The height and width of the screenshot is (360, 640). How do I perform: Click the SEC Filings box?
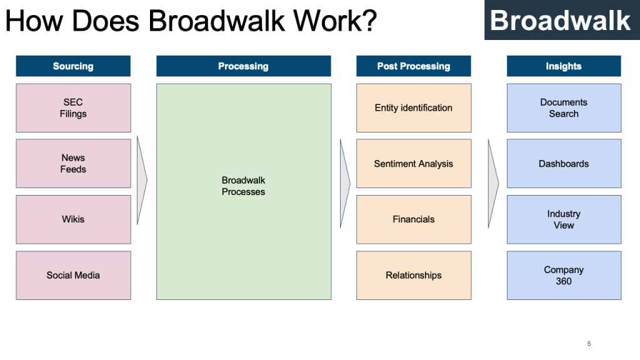(73, 108)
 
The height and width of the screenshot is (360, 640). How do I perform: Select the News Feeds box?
(73, 163)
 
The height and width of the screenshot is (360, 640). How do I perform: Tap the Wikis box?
(73, 219)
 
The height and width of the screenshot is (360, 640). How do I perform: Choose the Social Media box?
(73, 275)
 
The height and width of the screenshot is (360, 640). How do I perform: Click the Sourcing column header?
(73, 66)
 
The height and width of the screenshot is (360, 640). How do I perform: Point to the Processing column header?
(243, 66)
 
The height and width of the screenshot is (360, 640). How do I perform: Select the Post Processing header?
(414, 66)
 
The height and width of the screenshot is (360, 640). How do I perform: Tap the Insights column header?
(564, 66)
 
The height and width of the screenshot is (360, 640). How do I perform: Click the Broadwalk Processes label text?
(243, 186)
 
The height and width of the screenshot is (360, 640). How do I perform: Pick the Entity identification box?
(414, 108)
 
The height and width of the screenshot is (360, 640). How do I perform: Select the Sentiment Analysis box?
(414, 164)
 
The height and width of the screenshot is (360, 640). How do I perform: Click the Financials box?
(414, 219)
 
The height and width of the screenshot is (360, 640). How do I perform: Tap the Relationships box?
(414, 275)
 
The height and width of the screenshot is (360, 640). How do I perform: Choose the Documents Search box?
(564, 108)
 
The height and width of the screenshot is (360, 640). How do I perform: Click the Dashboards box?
(564, 164)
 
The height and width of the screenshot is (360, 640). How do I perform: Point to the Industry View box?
(564, 219)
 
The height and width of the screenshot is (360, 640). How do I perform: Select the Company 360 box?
(564, 275)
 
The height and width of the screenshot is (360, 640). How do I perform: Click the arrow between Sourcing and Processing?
(142, 181)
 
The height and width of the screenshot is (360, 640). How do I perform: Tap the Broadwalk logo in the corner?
(561, 21)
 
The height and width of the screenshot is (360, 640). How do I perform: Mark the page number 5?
(589, 344)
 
